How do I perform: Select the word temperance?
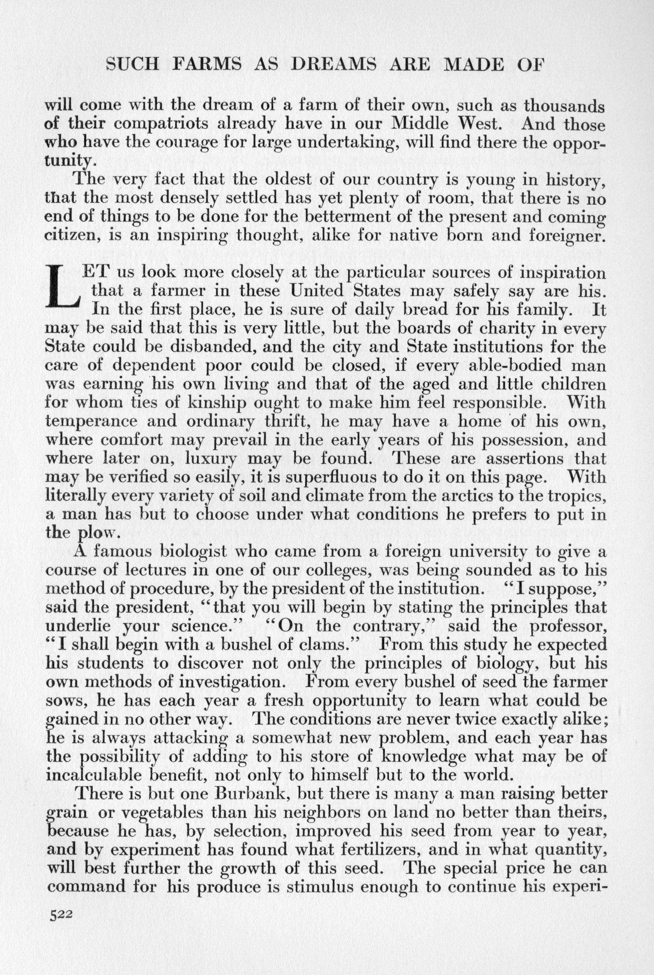91,421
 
